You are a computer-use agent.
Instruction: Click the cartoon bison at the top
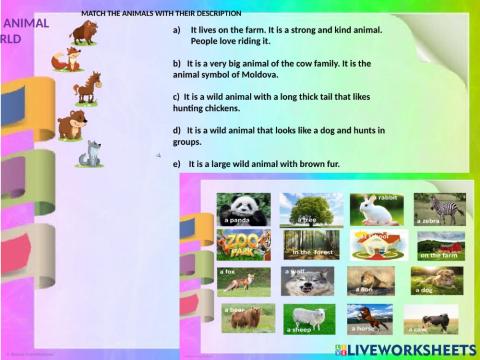coord(83,32)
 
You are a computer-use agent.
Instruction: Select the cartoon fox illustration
coord(67,60)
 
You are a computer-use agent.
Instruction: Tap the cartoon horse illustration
coord(87,88)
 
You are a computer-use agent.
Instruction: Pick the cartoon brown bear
coord(71,125)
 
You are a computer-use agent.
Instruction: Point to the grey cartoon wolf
coord(91,153)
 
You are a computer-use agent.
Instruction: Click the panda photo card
coord(243,209)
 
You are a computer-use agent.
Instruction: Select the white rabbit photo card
coord(376,208)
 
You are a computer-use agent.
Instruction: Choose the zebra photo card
coord(440,208)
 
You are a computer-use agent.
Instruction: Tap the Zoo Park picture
coord(242,245)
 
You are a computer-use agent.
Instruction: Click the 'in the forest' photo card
coord(310,245)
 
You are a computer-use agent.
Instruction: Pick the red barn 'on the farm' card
coord(440,246)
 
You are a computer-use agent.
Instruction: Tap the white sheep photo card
coord(308,319)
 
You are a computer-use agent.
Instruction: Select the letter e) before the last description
coord(177,163)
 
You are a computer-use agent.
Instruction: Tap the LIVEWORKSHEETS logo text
coord(412,350)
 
